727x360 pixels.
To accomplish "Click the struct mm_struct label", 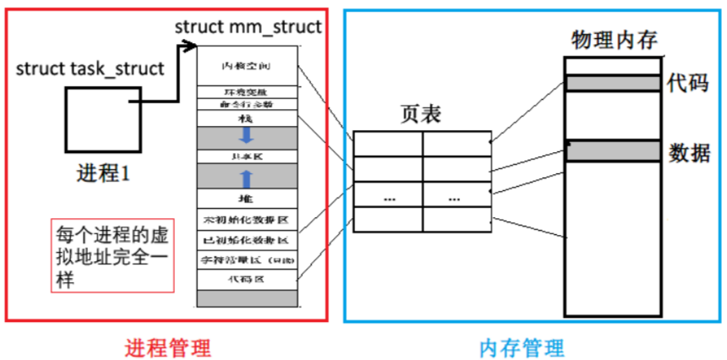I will tap(248, 26).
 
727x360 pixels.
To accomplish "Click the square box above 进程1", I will tap(100, 121).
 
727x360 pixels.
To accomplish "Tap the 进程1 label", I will tap(101, 174).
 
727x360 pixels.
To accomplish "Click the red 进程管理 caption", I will tap(167, 346).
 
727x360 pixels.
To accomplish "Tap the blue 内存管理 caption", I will tap(522, 346).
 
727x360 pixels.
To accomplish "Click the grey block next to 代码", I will tap(613, 83).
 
